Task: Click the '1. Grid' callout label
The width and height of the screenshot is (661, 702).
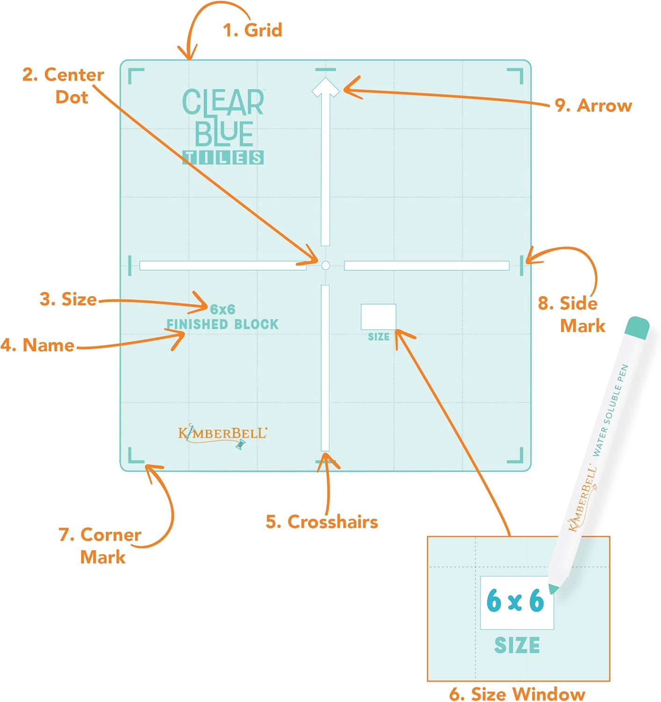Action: [252, 30]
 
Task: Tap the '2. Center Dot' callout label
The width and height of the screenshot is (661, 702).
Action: [63, 86]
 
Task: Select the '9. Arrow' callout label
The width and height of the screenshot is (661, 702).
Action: [593, 106]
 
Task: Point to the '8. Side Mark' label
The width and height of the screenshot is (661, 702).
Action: [571, 314]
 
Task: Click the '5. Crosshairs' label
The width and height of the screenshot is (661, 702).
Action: [322, 522]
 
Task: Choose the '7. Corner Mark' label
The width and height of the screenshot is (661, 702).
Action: [100, 546]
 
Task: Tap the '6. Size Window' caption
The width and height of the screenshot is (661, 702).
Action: [517, 694]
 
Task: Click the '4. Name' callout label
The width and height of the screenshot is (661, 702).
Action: [37, 345]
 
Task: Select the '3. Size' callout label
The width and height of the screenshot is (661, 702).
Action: [68, 299]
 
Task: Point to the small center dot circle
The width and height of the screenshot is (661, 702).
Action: [326, 265]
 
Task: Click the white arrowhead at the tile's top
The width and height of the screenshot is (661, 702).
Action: [325, 88]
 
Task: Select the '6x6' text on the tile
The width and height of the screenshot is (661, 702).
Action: [223, 309]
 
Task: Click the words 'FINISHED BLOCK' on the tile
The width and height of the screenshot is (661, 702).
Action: [223, 324]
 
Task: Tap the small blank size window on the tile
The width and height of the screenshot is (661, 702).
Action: [378, 316]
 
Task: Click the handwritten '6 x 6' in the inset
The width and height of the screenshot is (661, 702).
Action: [515, 601]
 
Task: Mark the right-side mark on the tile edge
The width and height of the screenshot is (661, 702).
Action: [522, 265]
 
